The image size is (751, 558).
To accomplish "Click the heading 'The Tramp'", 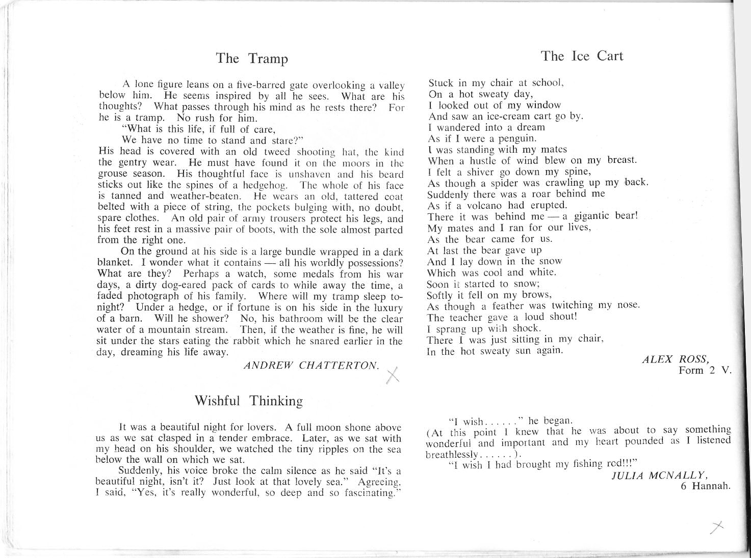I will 252,59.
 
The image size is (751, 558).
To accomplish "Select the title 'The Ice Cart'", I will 582,56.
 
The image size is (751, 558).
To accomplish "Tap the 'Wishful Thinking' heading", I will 249,401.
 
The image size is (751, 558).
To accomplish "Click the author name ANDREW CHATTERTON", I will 312,366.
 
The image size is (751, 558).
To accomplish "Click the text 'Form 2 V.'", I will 705,370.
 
